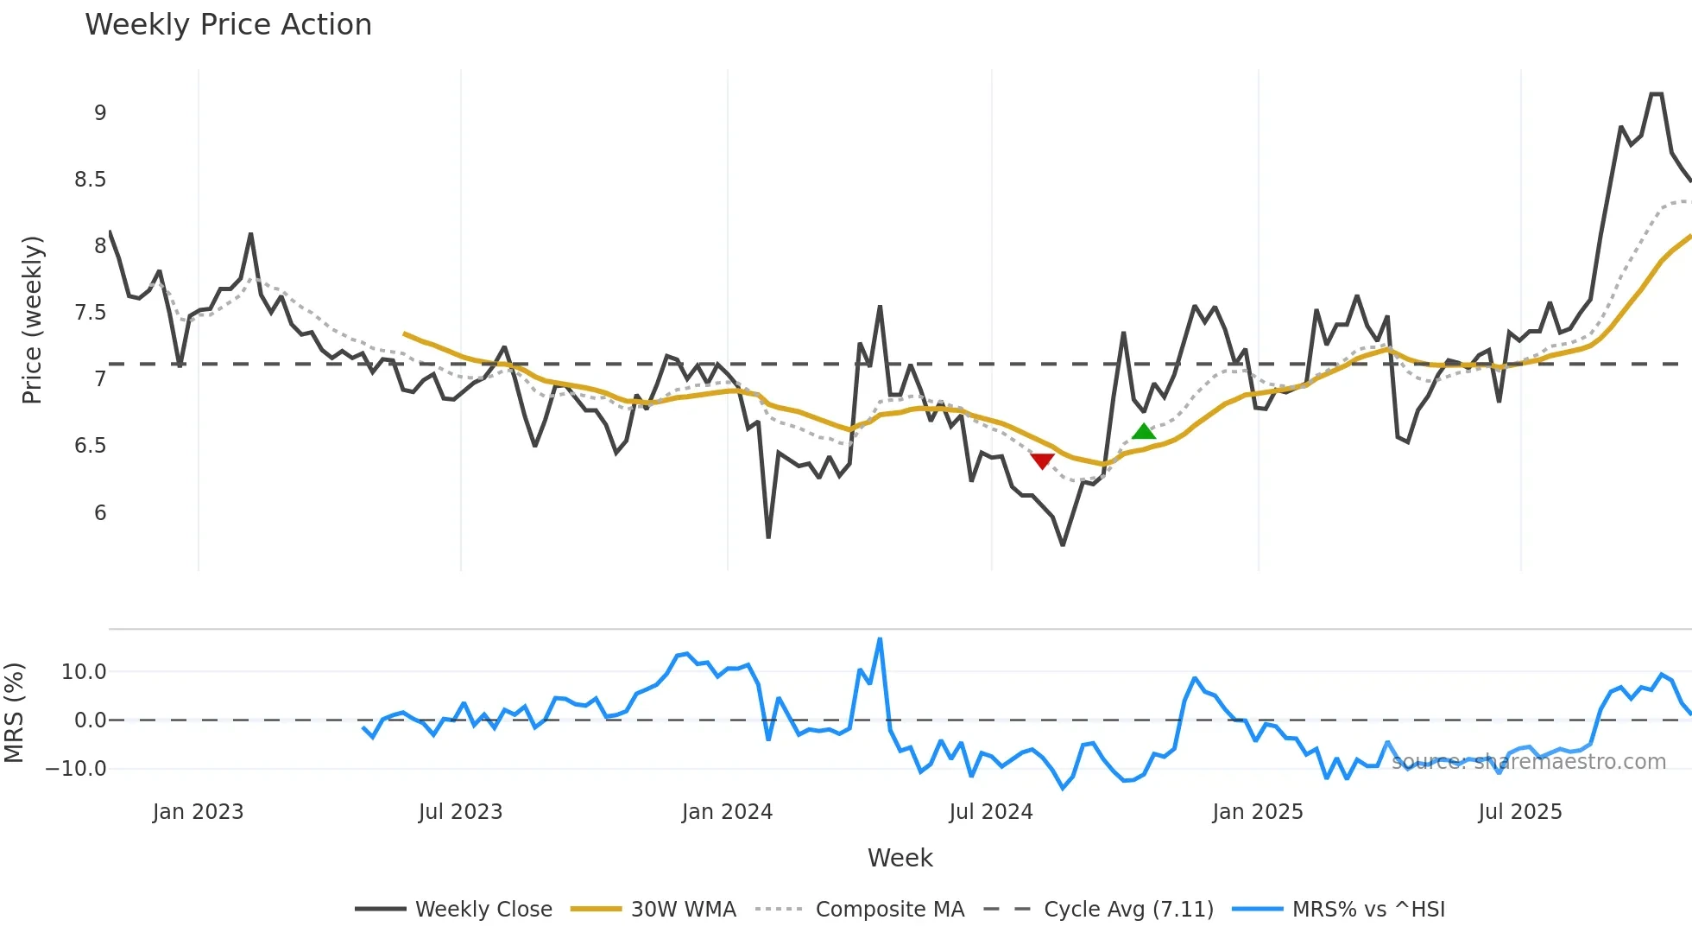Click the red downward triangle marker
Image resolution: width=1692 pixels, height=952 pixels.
tap(1042, 461)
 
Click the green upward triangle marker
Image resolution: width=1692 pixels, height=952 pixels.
tap(1143, 432)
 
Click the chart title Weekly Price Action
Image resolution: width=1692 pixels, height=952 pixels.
tap(228, 25)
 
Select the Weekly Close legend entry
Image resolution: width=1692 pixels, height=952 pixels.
tap(483, 910)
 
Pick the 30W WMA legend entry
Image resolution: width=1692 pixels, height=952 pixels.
tap(683, 910)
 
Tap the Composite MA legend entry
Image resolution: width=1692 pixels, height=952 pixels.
tap(889, 910)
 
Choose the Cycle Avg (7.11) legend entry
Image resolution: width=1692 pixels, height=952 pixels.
tap(1128, 910)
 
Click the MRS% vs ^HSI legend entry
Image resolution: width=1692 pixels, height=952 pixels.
tap(1368, 910)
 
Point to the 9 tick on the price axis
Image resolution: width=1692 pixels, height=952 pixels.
tap(100, 113)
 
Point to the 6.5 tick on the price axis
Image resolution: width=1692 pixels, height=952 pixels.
tap(90, 446)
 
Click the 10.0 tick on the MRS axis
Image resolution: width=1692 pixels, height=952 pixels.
tap(84, 672)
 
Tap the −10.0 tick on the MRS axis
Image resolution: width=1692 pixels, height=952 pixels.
tap(76, 769)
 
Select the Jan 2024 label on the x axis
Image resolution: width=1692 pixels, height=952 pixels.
tap(727, 812)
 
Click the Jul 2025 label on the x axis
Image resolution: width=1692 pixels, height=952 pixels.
tap(1519, 812)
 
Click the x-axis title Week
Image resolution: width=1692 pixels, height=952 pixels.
tap(900, 858)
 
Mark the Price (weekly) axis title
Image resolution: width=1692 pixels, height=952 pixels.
tap(32, 320)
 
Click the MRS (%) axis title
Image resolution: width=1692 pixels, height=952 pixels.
tap(14, 713)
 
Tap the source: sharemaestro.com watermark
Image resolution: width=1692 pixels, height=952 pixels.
tap(1528, 762)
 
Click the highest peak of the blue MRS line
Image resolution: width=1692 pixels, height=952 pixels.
tap(880, 639)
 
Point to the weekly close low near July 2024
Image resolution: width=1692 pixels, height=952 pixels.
tap(1063, 544)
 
